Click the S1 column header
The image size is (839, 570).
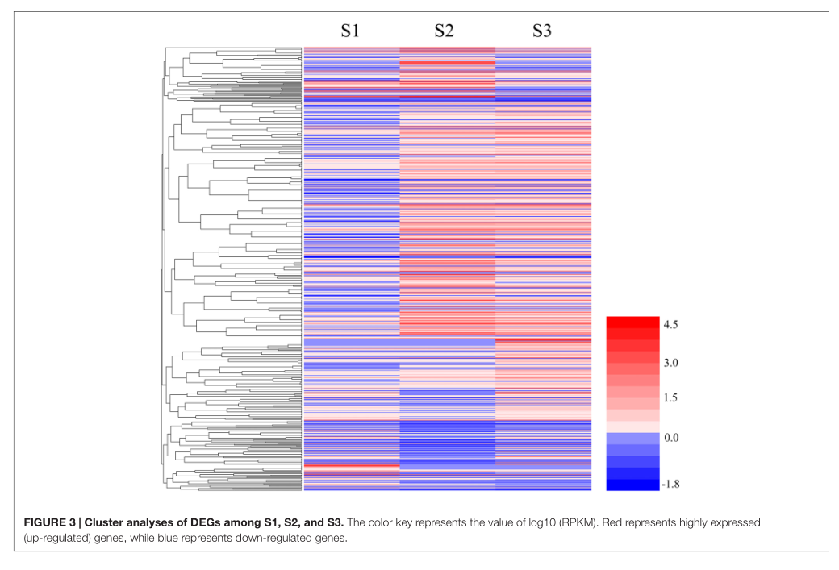pyautogui.click(x=349, y=31)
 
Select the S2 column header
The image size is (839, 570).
pyautogui.click(x=444, y=31)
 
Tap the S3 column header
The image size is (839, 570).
pyautogui.click(x=542, y=31)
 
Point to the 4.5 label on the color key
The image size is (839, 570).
pyautogui.click(x=670, y=324)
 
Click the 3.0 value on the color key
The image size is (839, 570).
pyautogui.click(x=670, y=363)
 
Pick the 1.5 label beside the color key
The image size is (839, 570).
pyautogui.click(x=670, y=399)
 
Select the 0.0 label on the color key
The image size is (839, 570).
pyautogui.click(x=670, y=437)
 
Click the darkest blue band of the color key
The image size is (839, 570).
pyautogui.click(x=632, y=485)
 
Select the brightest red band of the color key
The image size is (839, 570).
pyautogui.click(x=632, y=322)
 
